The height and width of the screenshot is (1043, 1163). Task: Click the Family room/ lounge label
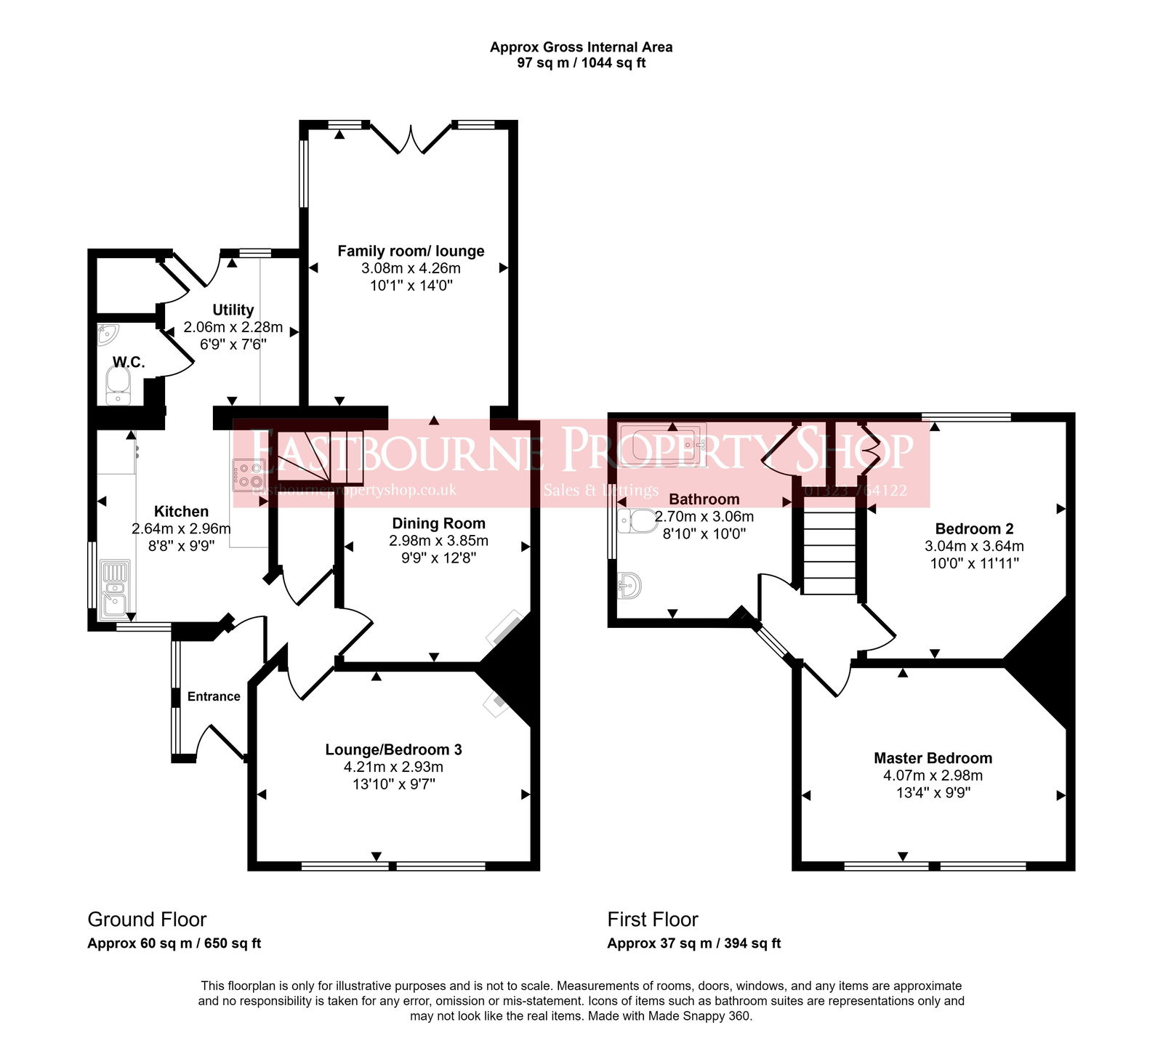click(x=411, y=251)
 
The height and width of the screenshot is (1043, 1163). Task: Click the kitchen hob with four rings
click(x=249, y=475)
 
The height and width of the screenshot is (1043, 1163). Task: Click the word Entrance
click(x=214, y=696)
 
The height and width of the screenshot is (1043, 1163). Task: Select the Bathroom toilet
click(x=638, y=520)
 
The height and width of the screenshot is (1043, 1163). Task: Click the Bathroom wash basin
click(x=629, y=584)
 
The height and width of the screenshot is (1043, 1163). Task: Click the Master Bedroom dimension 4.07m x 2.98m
click(x=933, y=776)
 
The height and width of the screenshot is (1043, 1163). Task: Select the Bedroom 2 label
click(x=974, y=528)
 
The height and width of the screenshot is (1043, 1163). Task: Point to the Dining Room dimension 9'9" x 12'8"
click(x=438, y=558)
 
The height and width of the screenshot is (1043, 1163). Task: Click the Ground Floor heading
click(x=147, y=919)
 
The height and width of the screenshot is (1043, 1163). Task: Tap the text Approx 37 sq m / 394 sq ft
click(x=693, y=943)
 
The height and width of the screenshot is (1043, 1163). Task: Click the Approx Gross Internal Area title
click(x=581, y=47)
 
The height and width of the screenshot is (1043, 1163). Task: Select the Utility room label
click(x=233, y=310)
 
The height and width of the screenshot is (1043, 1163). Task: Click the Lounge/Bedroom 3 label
click(x=393, y=749)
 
